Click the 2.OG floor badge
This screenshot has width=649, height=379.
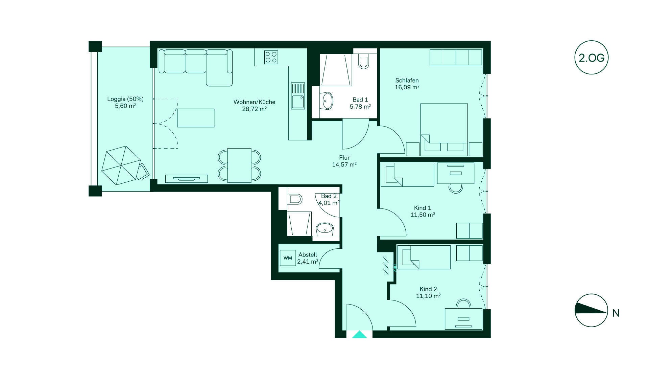point(591,58)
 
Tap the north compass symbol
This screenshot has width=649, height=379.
point(591,310)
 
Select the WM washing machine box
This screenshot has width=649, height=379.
point(288,258)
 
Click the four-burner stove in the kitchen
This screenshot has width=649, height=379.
point(271,57)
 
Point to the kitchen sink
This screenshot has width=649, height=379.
point(298,96)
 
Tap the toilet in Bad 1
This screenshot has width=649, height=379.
point(363,61)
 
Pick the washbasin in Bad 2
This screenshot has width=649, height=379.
point(325,229)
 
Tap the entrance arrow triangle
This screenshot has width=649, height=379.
point(359,334)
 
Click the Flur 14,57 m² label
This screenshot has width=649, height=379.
point(344,161)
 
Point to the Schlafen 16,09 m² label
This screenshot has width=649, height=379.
point(407,84)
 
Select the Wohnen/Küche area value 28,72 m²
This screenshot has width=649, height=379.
point(254,109)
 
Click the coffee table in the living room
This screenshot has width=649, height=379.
point(196,118)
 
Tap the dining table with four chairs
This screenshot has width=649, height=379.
point(239,165)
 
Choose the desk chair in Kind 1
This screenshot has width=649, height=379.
point(456,188)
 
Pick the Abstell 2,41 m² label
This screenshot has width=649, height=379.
point(308,258)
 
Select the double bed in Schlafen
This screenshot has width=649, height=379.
point(444,130)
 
